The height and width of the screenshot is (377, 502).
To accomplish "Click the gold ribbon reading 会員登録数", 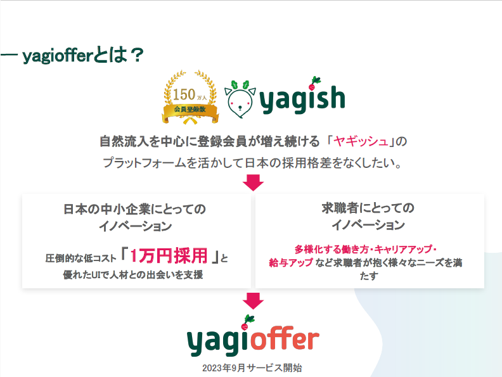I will click(190, 110).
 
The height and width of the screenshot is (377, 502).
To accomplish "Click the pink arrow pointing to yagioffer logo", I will click(253, 299).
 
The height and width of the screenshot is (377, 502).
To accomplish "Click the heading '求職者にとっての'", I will click(368, 208).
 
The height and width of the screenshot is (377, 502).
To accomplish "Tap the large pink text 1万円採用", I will click(169, 256).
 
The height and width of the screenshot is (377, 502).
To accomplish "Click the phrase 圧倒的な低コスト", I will click(81, 259).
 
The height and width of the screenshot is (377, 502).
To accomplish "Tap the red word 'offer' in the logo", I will click(283, 340).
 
